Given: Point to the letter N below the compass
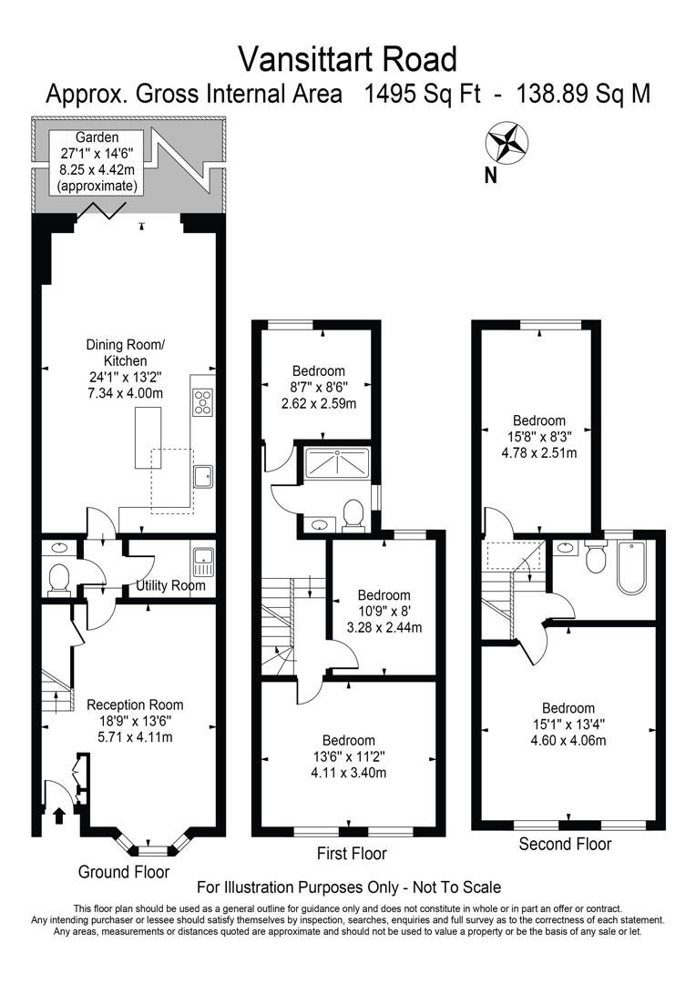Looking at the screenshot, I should click(490, 176).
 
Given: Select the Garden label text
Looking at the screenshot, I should click(97, 137).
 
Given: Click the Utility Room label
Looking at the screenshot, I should click(170, 585).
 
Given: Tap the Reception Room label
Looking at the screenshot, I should click(135, 704).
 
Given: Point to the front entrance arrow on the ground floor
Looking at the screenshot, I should click(61, 815).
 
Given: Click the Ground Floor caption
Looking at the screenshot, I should click(124, 872).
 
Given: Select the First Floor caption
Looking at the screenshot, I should click(352, 854).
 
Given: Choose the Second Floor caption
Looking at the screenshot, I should click(565, 845).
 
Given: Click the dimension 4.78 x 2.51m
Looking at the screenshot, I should click(539, 451).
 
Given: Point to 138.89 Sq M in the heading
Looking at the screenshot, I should click(583, 94).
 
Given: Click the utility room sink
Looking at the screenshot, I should click(202, 560).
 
